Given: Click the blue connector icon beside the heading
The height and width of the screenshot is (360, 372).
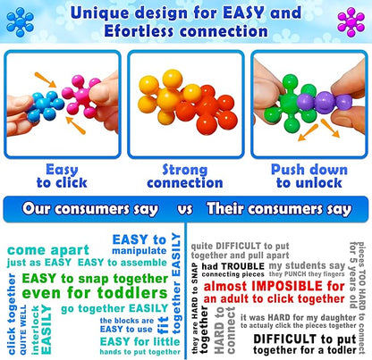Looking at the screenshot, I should click(19, 20).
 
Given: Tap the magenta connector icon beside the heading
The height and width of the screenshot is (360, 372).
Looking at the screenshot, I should click(351, 20).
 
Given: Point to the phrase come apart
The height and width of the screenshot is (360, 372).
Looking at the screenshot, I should click(52, 249).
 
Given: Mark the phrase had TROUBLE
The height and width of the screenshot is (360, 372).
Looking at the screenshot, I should click(231, 265).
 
